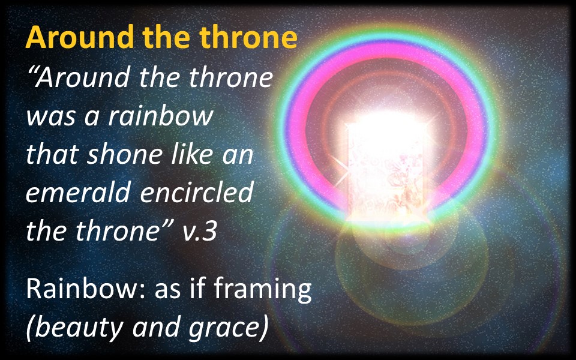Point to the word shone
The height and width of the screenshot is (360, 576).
click(124, 154)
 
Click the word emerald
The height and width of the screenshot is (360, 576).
click(78, 192)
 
